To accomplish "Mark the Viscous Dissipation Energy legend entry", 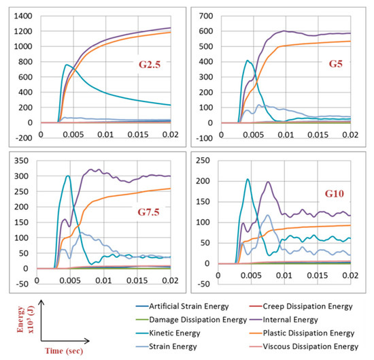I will [x=320, y=347].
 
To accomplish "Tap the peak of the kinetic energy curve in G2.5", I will [x=67, y=65].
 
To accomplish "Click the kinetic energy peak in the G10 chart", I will [x=248, y=179].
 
